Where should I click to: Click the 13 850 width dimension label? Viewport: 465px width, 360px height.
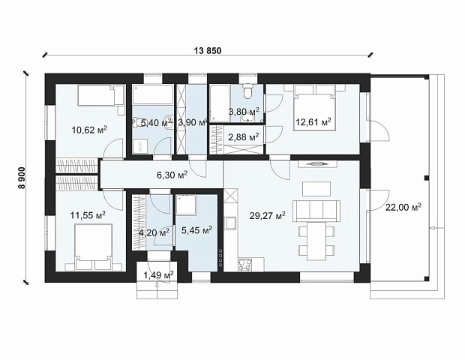point(208,51)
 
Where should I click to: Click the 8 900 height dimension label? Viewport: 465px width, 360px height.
point(22,177)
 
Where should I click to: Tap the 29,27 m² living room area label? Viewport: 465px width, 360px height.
point(268,215)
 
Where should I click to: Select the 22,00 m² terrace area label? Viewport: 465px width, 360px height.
point(403,207)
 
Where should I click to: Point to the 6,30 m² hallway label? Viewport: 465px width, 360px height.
point(172,175)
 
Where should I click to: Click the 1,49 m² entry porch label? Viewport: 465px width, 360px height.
point(159,275)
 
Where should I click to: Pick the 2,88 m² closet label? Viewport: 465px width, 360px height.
point(244,137)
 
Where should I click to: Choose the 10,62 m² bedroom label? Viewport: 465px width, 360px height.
point(89,130)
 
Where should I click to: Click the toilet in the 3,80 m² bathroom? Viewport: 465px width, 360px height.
point(247,91)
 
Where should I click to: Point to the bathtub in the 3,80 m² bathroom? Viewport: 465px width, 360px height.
point(220,103)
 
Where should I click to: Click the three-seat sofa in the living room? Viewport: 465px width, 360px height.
point(316,211)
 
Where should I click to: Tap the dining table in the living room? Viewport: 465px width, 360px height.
point(316,241)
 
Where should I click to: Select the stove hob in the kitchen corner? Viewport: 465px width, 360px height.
point(244,265)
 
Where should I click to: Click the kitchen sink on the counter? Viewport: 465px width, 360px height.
point(230,223)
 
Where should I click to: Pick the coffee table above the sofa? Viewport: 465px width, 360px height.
point(316,189)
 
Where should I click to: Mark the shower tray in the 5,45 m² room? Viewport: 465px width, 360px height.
point(186,205)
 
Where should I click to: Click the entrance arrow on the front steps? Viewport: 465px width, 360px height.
point(157,288)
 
